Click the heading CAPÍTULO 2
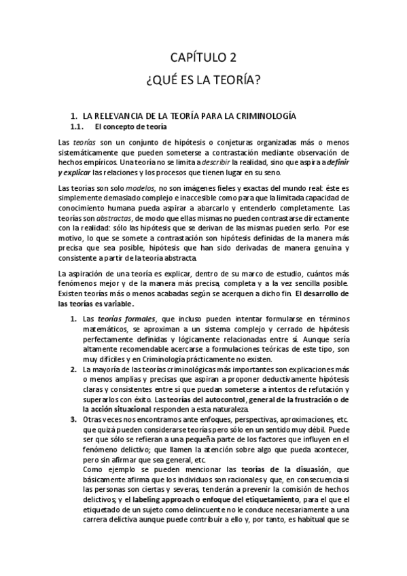[204, 58]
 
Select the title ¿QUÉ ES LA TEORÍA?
[204, 81]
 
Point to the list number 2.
[73, 369]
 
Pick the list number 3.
[73, 420]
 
